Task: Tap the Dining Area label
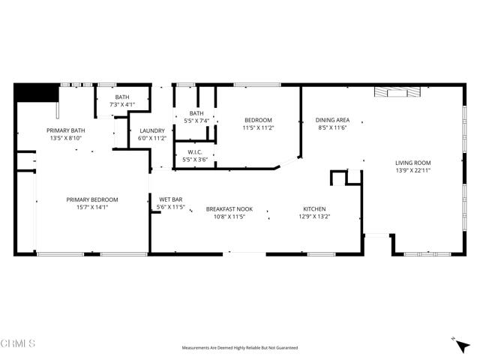332,120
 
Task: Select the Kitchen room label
314,208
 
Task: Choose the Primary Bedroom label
92,199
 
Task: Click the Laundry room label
152,130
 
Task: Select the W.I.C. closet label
194,152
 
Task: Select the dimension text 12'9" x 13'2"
314,217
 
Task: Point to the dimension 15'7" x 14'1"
92,208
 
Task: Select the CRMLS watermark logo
17,343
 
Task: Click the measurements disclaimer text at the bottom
240,348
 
